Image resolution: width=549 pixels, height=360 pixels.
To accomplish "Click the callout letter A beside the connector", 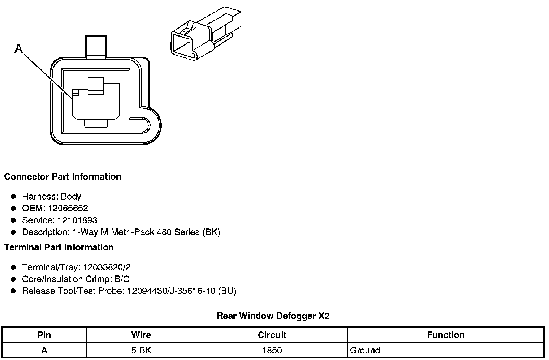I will coord(18,48).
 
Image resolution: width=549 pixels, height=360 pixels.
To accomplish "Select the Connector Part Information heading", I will coord(62,177).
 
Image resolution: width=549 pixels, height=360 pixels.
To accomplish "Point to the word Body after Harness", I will coord(71,197).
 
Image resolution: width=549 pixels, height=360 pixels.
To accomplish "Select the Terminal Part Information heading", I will coord(59,248).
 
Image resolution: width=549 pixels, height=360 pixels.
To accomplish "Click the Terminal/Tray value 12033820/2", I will coord(107,267).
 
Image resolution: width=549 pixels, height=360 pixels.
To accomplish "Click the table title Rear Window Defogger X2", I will coord(273,316).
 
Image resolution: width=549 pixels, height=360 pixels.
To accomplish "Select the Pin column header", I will coord(44,335).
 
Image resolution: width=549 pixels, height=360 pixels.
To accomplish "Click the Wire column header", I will coord(141,335).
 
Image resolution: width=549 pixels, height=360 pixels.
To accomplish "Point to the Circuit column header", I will coord(272,335).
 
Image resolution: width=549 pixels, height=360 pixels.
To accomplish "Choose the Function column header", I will coord(446,335).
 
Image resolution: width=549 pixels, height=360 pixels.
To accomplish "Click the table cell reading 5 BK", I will coord(141,350).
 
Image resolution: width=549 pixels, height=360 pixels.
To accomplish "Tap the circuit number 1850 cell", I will coord(272,350).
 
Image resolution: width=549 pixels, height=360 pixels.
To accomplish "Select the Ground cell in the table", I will coord(365,350).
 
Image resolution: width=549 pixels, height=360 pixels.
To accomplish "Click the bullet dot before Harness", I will coord(13,197).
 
